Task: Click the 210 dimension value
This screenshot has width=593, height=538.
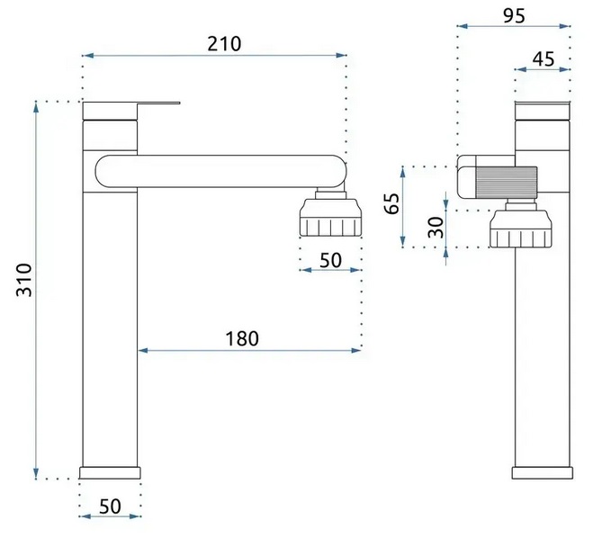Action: click(x=224, y=44)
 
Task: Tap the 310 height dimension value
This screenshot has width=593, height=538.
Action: click(x=24, y=280)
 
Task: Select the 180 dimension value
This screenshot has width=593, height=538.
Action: click(x=242, y=339)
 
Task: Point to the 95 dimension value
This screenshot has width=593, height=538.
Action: click(x=515, y=16)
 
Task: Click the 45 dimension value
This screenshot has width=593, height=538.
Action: click(x=544, y=59)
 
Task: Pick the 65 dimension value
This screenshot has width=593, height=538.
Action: click(x=391, y=203)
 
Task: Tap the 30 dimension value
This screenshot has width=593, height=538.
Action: click(x=436, y=228)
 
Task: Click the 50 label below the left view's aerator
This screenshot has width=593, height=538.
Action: click(x=330, y=260)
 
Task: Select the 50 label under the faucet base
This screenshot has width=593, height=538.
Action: click(x=110, y=507)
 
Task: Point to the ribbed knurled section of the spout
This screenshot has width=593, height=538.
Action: click(x=507, y=183)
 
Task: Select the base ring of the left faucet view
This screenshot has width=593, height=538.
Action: click(x=110, y=473)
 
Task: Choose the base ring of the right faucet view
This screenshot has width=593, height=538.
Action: click(x=543, y=473)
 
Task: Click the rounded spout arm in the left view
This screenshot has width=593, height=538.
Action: click(x=220, y=171)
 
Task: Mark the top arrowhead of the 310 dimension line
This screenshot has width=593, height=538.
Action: click(x=36, y=107)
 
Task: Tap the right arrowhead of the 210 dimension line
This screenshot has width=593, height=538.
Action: click(x=342, y=55)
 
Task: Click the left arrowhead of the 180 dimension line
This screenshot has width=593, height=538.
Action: click(x=143, y=351)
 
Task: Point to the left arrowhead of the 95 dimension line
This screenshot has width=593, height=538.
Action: click(x=463, y=26)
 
